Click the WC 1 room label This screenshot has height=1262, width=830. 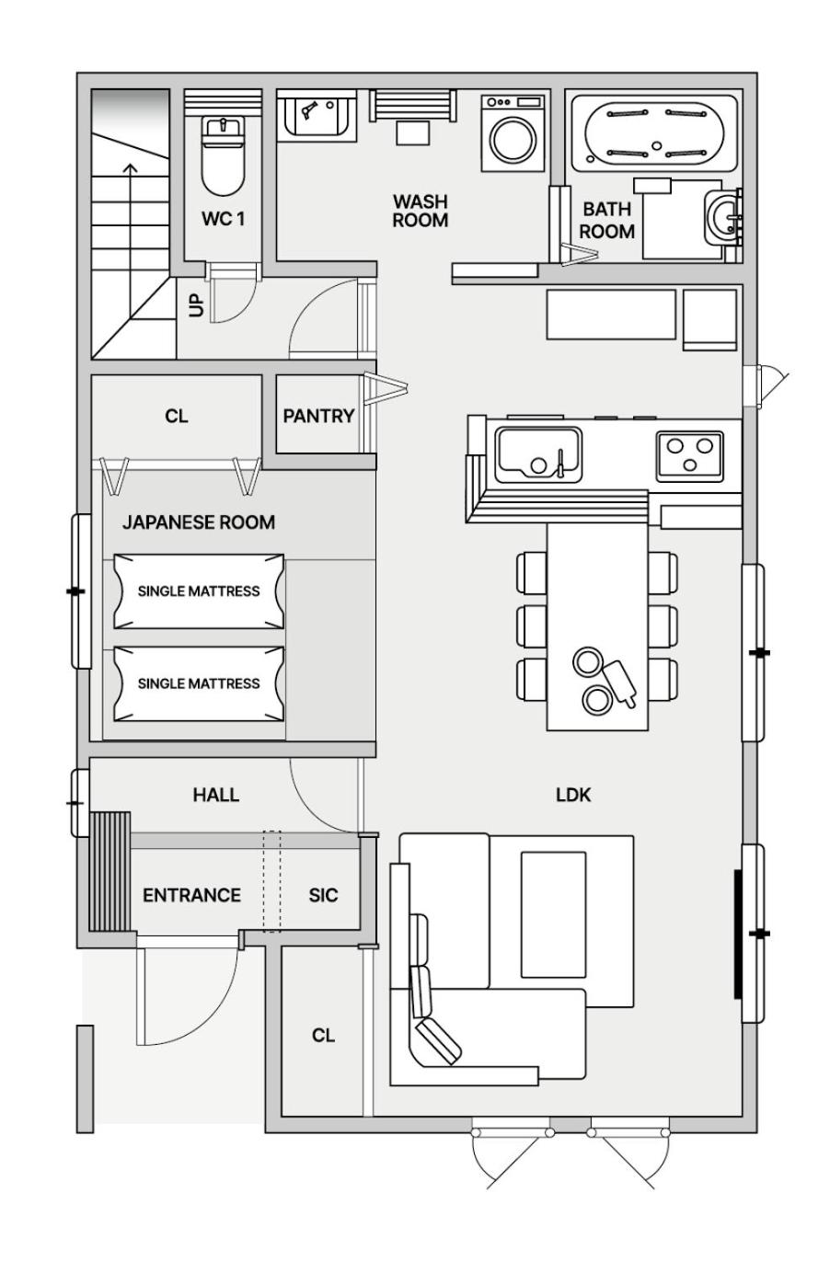tap(223, 219)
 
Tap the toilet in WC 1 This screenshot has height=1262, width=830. tap(223, 155)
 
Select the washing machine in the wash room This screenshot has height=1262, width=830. tap(513, 133)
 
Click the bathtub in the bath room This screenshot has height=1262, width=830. tap(654, 133)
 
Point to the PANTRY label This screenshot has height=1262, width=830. tap(318, 416)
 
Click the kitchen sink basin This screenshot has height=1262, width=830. tap(537, 454)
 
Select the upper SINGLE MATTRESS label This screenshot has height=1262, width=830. tap(199, 591)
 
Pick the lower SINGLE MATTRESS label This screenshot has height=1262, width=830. tap(199, 683)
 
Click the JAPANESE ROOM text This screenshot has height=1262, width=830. tap(199, 522)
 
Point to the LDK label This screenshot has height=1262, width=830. tap(573, 795)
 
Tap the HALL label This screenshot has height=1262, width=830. tap(216, 795)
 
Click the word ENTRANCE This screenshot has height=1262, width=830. tap(191, 895)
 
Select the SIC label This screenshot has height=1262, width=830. tap(323, 895)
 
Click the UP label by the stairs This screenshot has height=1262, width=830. tap(196, 306)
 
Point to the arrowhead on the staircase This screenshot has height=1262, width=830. tap(130, 168)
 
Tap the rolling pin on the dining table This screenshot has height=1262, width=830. tap(619, 683)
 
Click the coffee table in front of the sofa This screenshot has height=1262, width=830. tap(553, 915)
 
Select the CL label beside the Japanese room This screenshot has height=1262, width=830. tap(177, 416)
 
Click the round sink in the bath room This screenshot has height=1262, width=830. tap(720, 217)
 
